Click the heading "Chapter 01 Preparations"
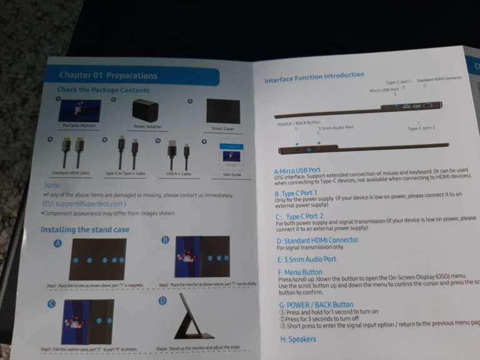[x=108, y=76]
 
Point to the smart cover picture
[x=223, y=111]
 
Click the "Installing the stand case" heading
[x=85, y=229]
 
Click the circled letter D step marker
[x=163, y=300]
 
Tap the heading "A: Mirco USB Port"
[x=297, y=170]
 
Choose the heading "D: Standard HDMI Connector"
[x=317, y=240]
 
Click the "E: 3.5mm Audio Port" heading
[x=306, y=259]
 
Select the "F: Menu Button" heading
[x=300, y=272]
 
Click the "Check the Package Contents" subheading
[x=104, y=90]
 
